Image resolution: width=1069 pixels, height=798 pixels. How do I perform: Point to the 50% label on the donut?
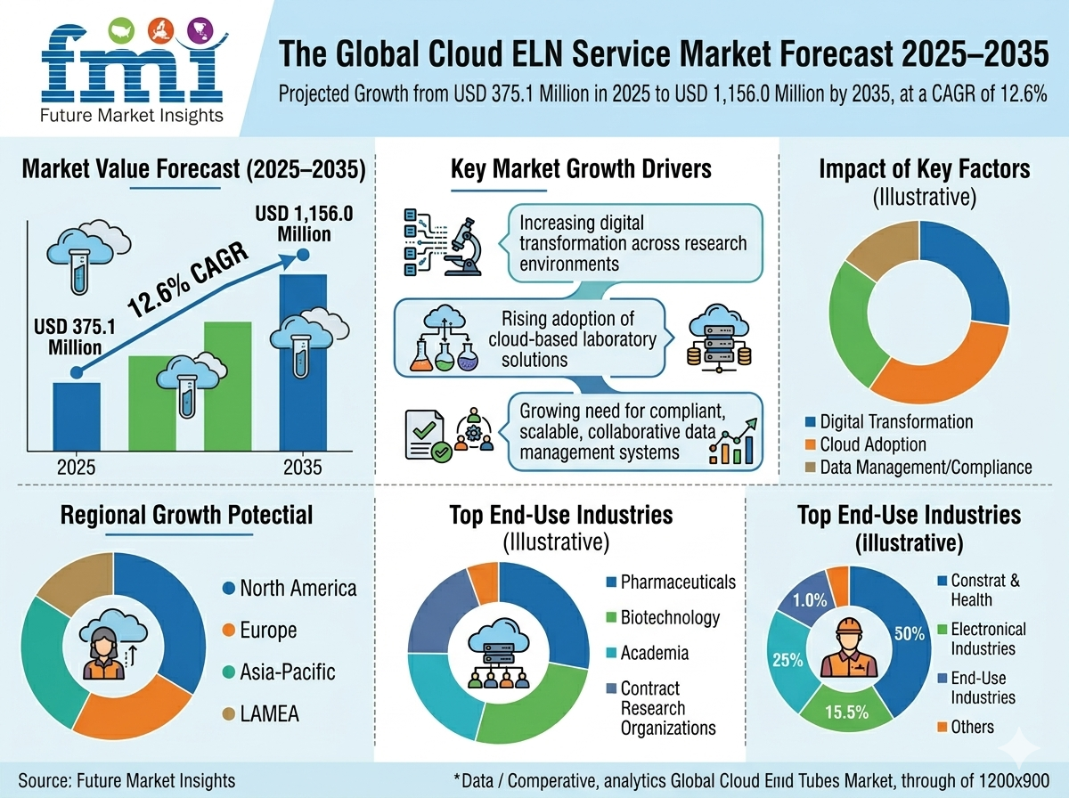pos(909,633)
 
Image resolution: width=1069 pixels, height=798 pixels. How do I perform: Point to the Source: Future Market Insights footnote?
pos(126,780)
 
